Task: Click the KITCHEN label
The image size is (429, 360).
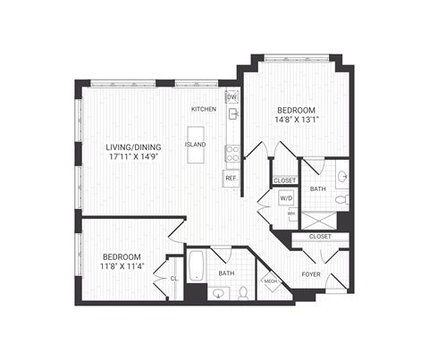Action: pyautogui.click(x=204, y=110)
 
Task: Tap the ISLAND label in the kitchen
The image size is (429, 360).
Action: pyautogui.click(x=195, y=144)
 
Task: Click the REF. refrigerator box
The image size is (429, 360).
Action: pyautogui.click(x=231, y=178)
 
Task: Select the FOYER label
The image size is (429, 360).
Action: pyautogui.click(x=310, y=274)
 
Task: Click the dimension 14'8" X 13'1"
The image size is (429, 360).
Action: pyautogui.click(x=295, y=121)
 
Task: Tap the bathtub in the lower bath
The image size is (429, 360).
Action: pyautogui.click(x=197, y=265)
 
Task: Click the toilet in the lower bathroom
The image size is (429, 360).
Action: pyautogui.click(x=244, y=292)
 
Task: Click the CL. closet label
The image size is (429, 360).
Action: pyautogui.click(x=174, y=278)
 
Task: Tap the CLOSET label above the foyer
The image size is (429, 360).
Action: pyautogui.click(x=319, y=237)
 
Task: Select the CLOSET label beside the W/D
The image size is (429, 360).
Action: pyautogui.click(x=285, y=180)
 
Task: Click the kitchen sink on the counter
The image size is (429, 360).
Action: pyautogui.click(x=233, y=115)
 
